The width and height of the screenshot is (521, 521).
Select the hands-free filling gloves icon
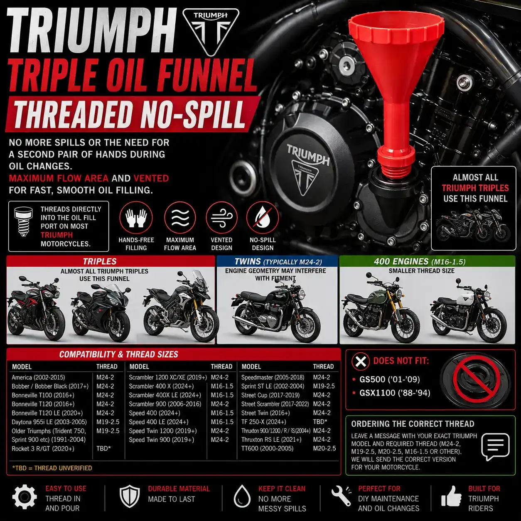[136, 217]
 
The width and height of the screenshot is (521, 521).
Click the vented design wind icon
[221, 217]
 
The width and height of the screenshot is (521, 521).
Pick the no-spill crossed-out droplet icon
[263, 217]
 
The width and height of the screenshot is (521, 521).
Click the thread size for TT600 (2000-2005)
[324, 448]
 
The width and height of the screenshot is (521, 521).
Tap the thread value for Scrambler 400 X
[222, 386]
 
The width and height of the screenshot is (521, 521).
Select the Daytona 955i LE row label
[49, 422]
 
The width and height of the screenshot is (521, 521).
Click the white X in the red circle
[360, 361]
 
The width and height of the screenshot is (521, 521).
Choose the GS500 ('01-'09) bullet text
[389, 379]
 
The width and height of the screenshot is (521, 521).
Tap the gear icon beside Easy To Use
[25, 496]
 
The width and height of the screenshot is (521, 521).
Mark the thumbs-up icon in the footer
[451, 496]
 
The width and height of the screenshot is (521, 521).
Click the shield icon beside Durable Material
[130, 496]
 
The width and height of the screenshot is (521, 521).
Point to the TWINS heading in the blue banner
[248, 261]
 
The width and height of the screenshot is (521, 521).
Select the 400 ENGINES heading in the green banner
[401, 261]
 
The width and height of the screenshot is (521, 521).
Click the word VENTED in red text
[151, 178]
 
